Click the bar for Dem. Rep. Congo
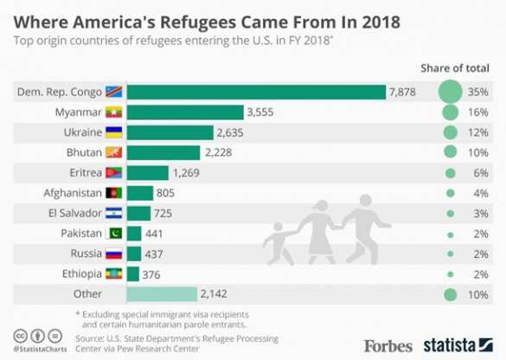(x=256, y=92)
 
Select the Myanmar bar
(x=185, y=112)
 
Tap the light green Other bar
(x=162, y=295)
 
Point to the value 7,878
(x=404, y=92)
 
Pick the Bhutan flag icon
(x=114, y=152)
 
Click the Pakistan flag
(x=114, y=234)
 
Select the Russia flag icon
(x=114, y=254)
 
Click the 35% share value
(x=480, y=92)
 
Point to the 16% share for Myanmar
(x=480, y=112)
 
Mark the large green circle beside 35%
(x=450, y=92)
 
